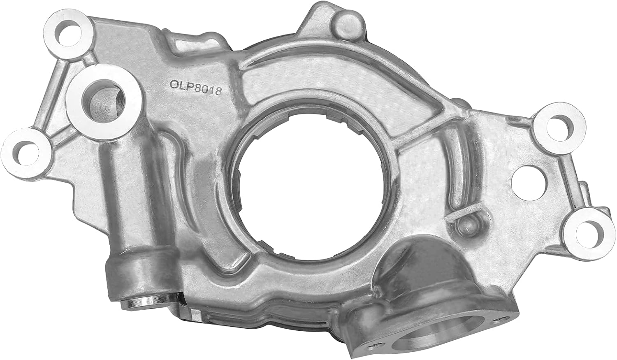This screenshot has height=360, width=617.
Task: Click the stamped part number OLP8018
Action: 196,87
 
